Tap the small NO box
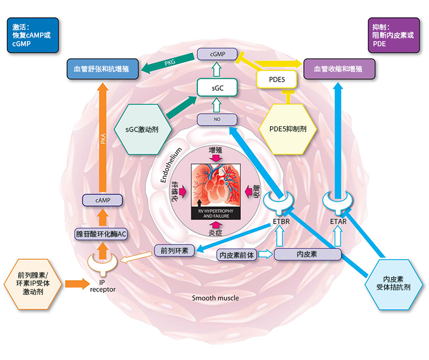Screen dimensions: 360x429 216,119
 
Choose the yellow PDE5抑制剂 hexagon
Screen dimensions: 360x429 288,129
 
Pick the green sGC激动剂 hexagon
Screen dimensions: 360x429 142,129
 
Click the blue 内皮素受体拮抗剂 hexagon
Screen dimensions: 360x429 397,283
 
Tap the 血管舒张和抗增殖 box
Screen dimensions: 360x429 101,69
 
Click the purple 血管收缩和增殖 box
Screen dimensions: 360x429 338,69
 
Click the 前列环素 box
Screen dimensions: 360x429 174,250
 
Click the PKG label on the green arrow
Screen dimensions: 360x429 170,62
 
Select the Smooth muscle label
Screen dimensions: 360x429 215,298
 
